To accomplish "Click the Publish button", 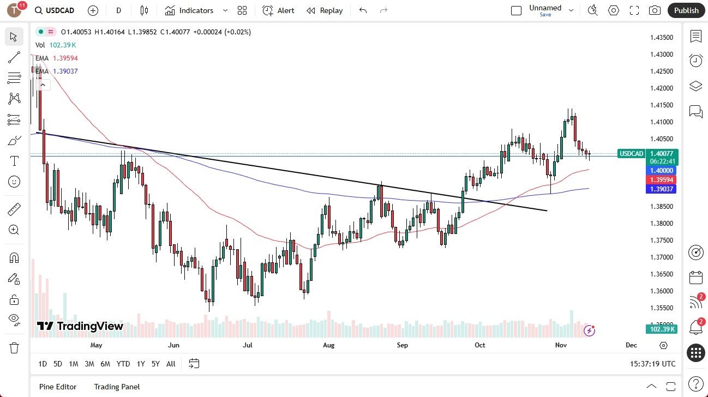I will [x=686, y=10].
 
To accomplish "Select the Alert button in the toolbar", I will [x=278, y=10].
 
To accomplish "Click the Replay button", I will [x=325, y=10].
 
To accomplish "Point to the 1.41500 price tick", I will [x=661, y=105].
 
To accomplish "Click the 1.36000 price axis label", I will [x=661, y=291].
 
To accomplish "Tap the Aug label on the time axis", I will [x=328, y=345].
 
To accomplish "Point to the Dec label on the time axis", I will [x=631, y=345].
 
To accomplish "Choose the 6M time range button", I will [x=105, y=364].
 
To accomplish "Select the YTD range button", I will [x=123, y=364].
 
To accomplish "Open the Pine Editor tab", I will [x=58, y=387].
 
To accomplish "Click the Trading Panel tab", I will [x=117, y=387].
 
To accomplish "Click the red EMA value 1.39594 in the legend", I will [x=65, y=58].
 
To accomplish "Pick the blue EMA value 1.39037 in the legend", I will [x=65, y=71].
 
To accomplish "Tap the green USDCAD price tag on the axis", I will [x=632, y=154].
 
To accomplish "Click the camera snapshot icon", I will [x=655, y=10].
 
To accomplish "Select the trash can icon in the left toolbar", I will [x=14, y=348].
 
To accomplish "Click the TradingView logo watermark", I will [x=80, y=326].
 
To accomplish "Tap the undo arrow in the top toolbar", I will [x=363, y=10].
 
